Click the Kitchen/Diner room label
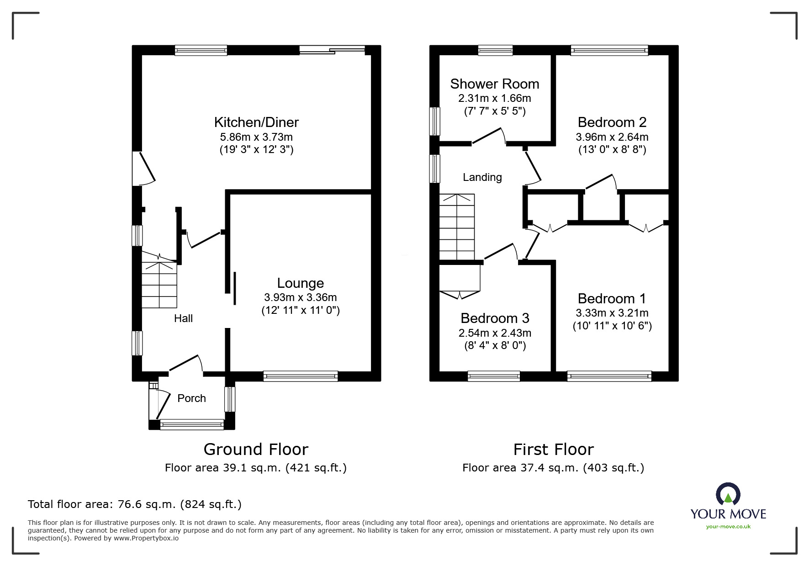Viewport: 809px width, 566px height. click(x=256, y=122)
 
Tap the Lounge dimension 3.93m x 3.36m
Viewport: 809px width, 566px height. click(x=300, y=297)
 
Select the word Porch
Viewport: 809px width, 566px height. click(x=191, y=398)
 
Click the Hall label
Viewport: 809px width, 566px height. click(x=183, y=318)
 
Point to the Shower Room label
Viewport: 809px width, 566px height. click(x=494, y=84)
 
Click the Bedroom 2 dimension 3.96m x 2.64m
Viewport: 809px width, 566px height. click(x=612, y=137)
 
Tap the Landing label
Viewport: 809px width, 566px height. click(x=482, y=177)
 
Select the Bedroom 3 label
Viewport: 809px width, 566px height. click(x=494, y=318)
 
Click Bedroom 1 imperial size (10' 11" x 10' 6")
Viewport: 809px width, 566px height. click(x=612, y=326)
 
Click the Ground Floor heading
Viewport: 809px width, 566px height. click(x=256, y=450)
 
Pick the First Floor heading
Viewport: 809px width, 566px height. click(x=553, y=450)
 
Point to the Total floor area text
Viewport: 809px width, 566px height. click(x=135, y=504)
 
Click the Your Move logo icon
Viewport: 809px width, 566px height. click(x=728, y=495)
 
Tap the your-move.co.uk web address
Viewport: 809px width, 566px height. click(x=728, y=527)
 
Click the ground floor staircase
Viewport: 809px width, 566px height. click(x=159, y=283)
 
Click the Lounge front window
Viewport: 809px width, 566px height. click(x=301, y=376)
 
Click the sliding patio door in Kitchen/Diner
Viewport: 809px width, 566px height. click(x=333, y=50)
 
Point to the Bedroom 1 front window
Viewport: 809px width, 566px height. click(x=609, y=376)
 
